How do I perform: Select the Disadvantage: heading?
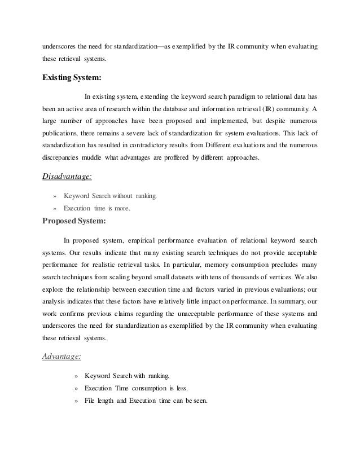(67, 177)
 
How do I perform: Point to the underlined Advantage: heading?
(62, 356)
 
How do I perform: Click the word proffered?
(174, 158)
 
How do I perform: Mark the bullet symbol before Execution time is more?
(54, 209)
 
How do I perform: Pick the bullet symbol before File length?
(76, 401)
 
